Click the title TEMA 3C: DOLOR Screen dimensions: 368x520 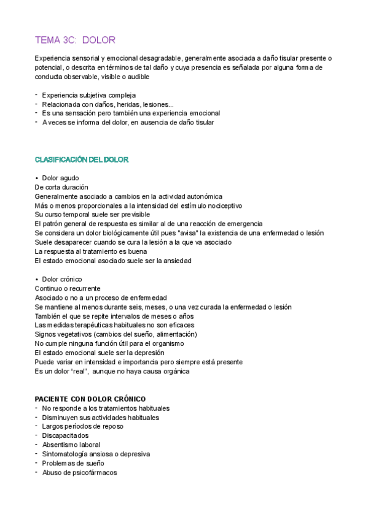[76, 40]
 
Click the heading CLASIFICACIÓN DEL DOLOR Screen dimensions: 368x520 [82, 159]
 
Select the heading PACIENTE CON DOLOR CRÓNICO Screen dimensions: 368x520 [90, 399]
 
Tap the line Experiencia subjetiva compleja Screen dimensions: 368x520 [89, 95]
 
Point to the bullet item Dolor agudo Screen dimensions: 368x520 [60, 178]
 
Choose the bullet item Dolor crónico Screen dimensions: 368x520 [61, 279]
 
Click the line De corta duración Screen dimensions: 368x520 [61, 187]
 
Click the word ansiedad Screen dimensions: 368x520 [177, 261]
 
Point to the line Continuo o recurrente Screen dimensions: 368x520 [68, 288]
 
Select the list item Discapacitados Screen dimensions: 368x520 [65, 435]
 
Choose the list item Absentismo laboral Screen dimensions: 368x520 [71, 445]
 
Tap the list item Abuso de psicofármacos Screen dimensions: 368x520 [79, 472]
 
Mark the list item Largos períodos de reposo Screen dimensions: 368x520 [82, 426]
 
